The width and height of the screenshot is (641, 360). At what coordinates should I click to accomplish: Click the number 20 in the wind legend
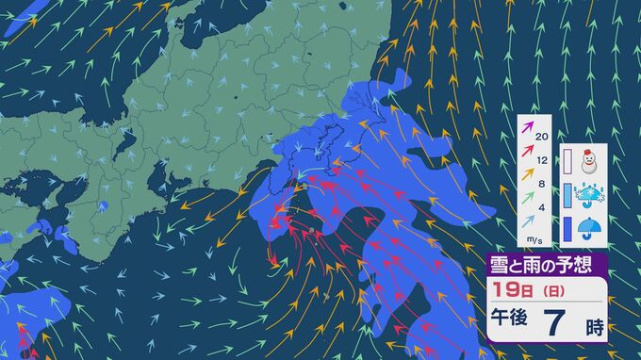coord(541,136)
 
